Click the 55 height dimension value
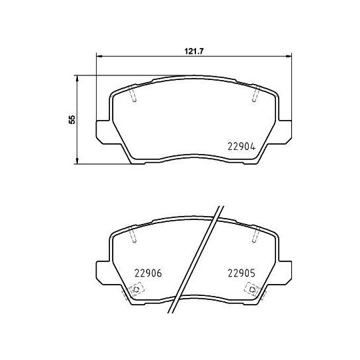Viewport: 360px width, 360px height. pyautogui.click(x=72, y=119)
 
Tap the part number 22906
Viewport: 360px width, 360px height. pyautogui.click(x=148, y=271)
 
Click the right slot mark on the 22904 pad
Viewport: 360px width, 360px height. pyautogui.click(x=255, y=96)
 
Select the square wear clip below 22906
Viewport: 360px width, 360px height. pyautogui.click(x=136, y=289)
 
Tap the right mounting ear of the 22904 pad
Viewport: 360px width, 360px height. pyautogui.click(x=286, y=130)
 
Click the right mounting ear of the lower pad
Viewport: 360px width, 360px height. pyautogui.click(x=286, y=269)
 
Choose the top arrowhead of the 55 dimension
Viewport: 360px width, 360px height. pyautogui.click(x=79, y=78)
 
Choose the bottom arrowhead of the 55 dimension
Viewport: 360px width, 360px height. pyautogui.click(x=79, y=162)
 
